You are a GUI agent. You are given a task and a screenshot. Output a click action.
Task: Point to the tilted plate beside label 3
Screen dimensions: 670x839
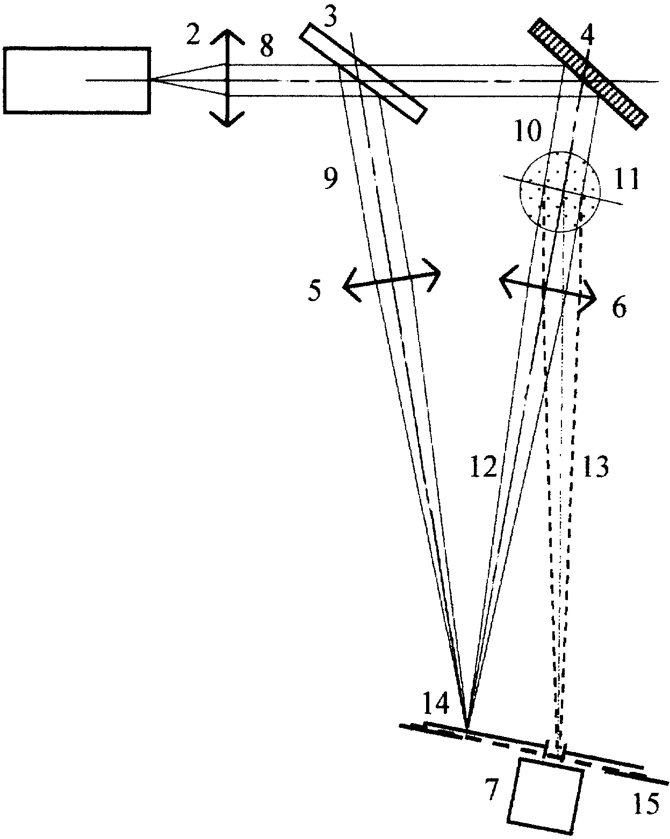click(x=363, y=74)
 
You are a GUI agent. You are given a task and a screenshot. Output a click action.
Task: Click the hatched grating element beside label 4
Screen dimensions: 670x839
click(x=588, y=74)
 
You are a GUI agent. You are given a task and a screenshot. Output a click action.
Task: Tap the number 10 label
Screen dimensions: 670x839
click(x=528, y=131)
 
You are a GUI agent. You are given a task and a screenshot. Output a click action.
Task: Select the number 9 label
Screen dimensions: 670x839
click(x=330, y=179)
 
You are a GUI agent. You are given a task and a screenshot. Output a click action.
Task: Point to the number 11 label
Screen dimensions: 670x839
click(x=626, y=179)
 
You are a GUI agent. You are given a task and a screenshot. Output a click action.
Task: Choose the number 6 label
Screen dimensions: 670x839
click(x=619, y=308)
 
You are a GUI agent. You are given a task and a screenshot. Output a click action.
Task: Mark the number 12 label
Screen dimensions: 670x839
click(x=484, y=467)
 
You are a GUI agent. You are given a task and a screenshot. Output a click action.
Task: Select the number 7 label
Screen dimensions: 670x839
click(x=493, y=791)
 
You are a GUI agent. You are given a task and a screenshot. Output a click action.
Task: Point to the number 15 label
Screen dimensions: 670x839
click(x=646, y=804)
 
